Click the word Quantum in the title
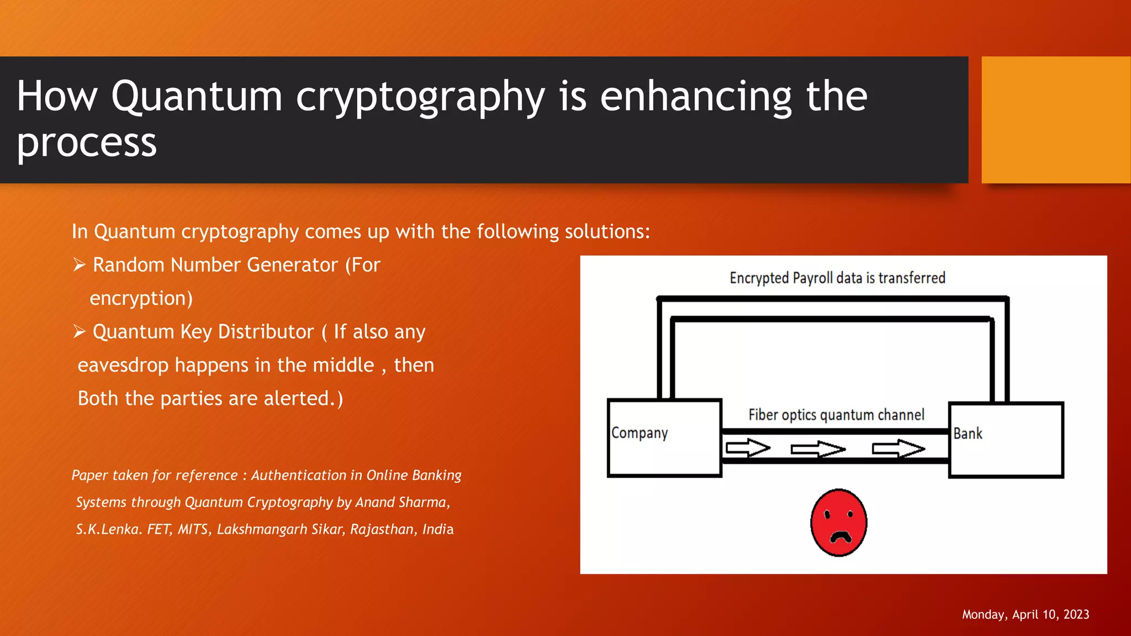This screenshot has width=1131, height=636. pos(197,97)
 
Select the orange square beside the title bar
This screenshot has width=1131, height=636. pos(1055,120)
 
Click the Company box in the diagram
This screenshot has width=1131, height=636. pos(664,438)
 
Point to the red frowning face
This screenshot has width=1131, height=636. pos(838,522)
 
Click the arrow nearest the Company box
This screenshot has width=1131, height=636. pos(747,448)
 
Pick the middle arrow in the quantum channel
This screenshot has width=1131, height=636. pos(818,449)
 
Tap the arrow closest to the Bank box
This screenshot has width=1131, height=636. pos(898,449)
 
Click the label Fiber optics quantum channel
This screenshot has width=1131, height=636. pos(836,415)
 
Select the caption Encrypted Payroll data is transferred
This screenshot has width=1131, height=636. pos(837,278)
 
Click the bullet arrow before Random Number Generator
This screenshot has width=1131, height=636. pos(79,265)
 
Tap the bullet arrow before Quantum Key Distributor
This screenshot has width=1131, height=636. pos(79,332)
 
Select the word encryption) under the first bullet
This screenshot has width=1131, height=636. pos(141,299)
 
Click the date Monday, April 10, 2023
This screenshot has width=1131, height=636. pos(1025,614)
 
